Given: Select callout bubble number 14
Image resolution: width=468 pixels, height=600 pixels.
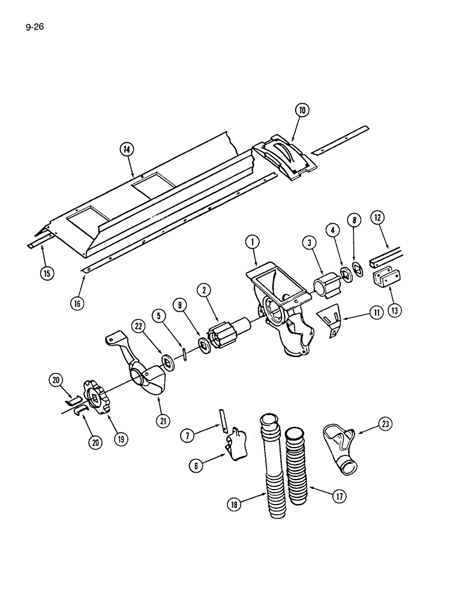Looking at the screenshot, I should pos(128,149).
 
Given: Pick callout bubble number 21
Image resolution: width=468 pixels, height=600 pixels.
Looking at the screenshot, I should pos(163,421).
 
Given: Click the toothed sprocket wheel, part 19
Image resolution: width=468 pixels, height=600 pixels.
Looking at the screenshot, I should pos(97,396).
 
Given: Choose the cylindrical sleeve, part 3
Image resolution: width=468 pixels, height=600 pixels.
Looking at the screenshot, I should pos(328,285).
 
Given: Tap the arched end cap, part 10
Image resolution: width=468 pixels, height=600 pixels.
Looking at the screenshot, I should pos(286,156).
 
